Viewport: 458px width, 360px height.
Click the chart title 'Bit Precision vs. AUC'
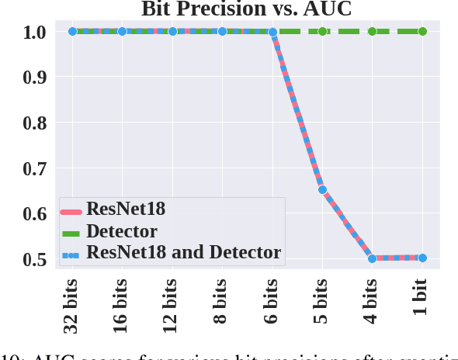246,9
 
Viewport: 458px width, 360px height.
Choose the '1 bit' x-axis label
422,300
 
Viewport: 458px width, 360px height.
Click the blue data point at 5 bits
322,189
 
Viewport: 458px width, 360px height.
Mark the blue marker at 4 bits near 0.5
373,258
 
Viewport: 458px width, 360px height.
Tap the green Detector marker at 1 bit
422,32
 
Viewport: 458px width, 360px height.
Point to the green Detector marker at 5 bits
322,32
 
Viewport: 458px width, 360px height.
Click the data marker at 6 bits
272,32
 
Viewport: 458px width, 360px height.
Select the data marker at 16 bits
122,32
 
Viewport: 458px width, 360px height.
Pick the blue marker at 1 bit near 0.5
422,258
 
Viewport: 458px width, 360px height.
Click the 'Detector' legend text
122,231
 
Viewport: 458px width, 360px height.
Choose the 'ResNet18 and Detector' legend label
183,252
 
